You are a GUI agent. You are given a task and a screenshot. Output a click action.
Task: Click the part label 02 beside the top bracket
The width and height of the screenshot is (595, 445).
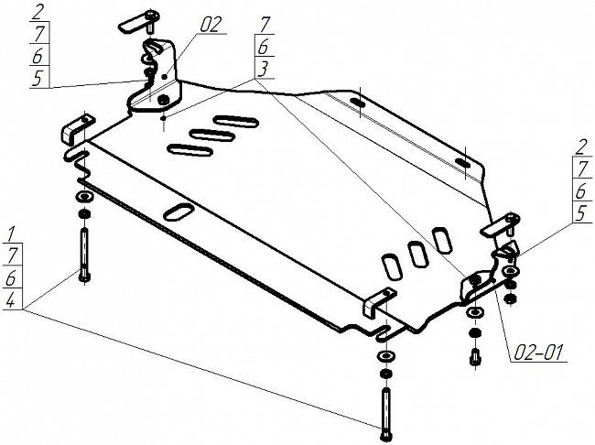click(211, 25)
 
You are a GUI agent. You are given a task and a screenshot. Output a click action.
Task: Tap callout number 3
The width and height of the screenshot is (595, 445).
click(264, 70)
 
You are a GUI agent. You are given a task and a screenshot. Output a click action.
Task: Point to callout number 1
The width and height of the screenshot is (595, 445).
click(10, 229)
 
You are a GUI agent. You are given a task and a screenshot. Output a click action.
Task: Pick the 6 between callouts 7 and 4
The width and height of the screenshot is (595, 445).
click(10, 278)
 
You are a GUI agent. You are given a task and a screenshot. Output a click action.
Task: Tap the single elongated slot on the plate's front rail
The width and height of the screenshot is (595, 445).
click(179, 212)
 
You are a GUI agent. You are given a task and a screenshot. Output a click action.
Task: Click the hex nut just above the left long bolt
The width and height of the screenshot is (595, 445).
click(83, 214)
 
